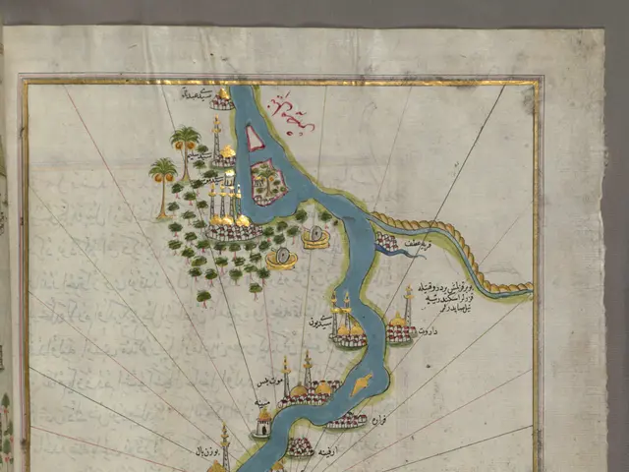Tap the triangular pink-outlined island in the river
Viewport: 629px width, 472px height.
[x=255, y=140]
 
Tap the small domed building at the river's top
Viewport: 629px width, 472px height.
[x=223, y=99]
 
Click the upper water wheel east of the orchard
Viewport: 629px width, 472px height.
[x=315, y=238]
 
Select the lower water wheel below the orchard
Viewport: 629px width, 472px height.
[x=282, y=260]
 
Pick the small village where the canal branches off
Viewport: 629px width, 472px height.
[x=386, y=242]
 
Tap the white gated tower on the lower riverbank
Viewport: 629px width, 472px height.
[x=263, y=424]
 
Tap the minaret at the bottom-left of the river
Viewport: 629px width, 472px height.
[x=224, y=448]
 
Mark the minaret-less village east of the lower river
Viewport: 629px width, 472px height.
[x=346, y=420]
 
